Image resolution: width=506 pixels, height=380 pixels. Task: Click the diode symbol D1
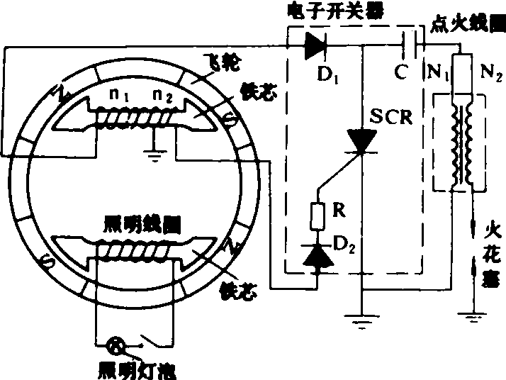pos(316,46)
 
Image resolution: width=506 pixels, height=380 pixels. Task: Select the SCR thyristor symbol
pos(362,141)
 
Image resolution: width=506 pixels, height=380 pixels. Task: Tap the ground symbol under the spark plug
pos(473,312)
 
